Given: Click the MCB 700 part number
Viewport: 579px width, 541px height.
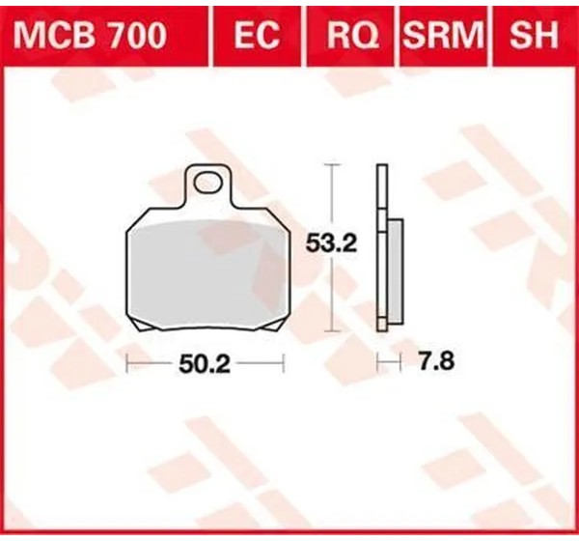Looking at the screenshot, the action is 90,35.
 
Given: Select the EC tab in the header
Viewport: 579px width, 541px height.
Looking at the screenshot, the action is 257,35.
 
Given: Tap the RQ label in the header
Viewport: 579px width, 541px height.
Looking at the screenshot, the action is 352,35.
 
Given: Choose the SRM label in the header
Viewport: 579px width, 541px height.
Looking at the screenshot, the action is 443,35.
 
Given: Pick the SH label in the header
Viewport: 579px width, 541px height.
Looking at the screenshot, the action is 534,35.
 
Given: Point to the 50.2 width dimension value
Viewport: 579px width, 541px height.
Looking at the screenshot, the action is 205,364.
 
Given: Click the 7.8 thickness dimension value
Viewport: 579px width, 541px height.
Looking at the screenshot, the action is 436,361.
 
